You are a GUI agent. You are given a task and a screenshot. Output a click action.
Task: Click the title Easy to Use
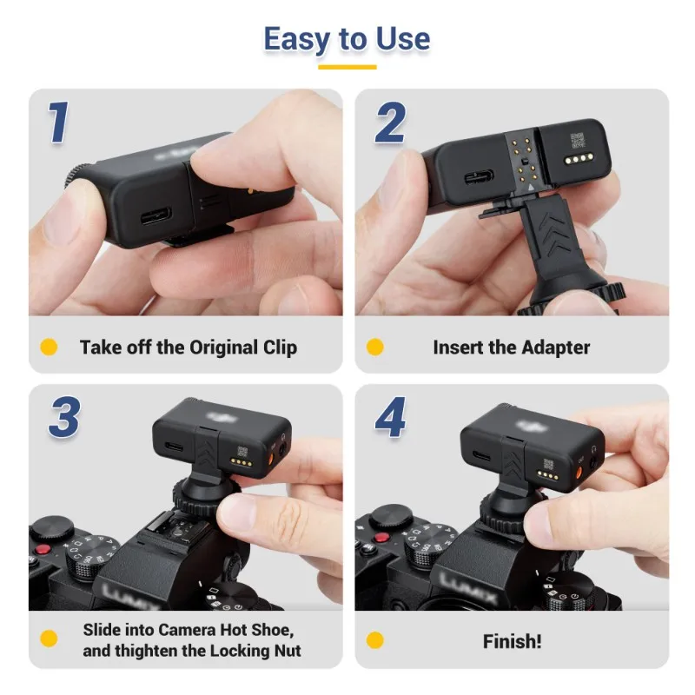click(x=347, y=39)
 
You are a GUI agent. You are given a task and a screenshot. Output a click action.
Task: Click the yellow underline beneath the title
click(x=347, y=67)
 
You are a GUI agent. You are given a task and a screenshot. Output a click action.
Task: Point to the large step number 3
click(x=63, y=418)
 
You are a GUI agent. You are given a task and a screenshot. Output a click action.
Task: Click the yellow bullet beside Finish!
click(x=374, y=642)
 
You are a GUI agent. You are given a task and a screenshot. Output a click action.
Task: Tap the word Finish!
click(x=512, y=642)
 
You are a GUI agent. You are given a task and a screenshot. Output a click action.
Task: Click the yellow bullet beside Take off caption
click(x=50, y=347)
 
